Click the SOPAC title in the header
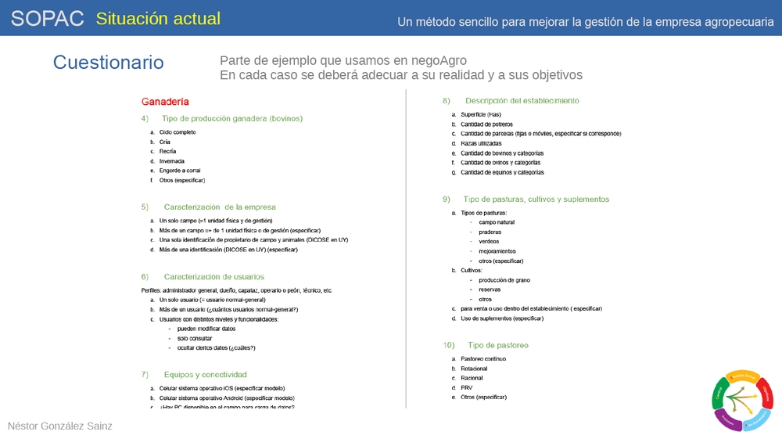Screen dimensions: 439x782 (47, 19)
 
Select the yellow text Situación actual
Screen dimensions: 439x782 (158, 19)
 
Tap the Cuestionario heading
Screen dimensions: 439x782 (109, 63)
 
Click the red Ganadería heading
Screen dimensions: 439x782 (165, 102)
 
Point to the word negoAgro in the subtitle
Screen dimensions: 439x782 (440, 60)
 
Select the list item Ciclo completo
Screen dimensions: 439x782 (178, 132)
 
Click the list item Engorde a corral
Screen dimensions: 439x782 (181, 171)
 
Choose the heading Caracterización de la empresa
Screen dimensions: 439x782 (220, 207)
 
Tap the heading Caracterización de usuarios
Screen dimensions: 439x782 (213, 276)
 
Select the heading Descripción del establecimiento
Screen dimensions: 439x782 (522, 101)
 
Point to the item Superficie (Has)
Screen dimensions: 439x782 (481, 114)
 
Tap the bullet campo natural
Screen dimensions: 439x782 (497, 222)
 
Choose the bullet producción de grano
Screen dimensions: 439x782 (504, 279)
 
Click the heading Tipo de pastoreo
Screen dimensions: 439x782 (497, 345)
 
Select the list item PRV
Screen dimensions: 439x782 (467, 387)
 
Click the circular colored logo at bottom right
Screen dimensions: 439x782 (743, 400)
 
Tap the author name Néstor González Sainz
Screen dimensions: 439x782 (60, 426)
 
